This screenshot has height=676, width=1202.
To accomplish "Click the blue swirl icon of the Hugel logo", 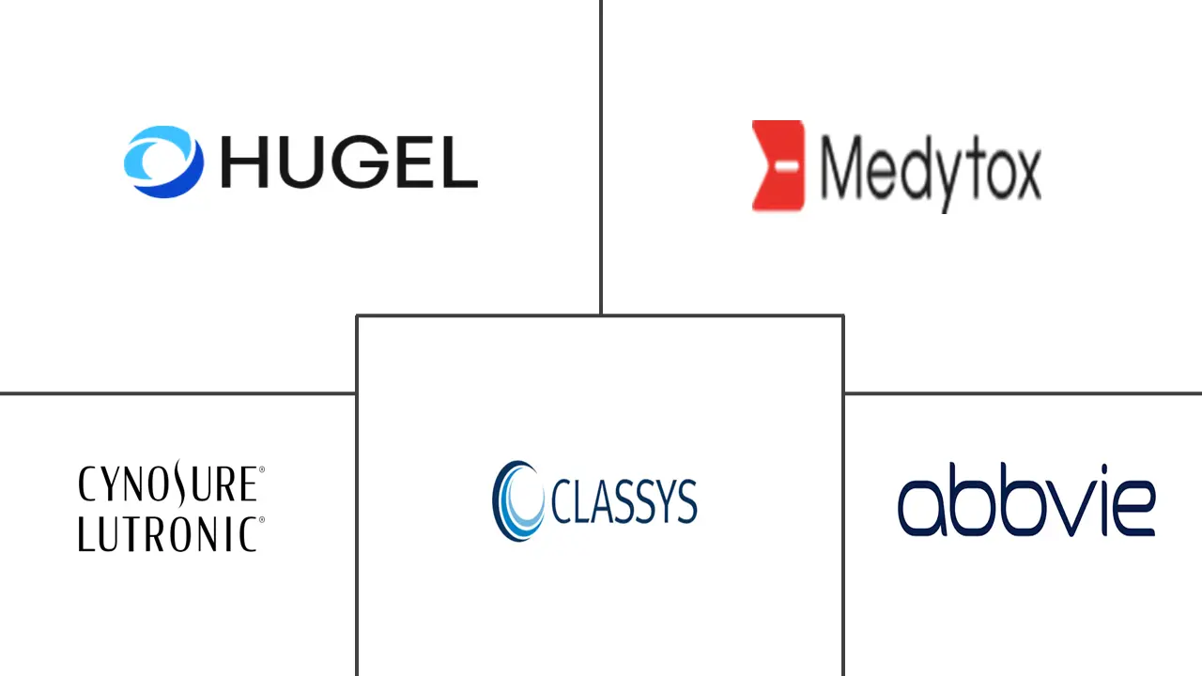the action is point(163,161).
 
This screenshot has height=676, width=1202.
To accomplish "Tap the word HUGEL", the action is point(349,162).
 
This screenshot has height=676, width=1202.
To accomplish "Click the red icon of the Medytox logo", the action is point(778,166).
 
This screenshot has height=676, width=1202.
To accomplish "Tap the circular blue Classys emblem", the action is point(517,500).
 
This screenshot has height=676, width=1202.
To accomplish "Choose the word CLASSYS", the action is point(624,501).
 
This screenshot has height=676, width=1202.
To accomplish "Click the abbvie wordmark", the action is point(1026,499).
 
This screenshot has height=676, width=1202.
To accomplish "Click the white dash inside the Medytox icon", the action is point(787,166).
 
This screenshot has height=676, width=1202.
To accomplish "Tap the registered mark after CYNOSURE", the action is point(262,469).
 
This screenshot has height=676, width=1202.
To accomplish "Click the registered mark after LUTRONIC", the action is point(262,520).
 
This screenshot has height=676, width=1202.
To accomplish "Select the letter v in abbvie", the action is point(1072,508).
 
